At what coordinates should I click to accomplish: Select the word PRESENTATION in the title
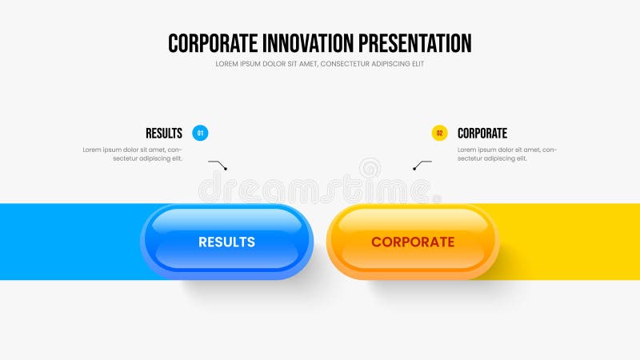coord(415,43)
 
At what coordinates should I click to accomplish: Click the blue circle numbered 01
coord(200,133)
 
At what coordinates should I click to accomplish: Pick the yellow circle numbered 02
coord(439,133)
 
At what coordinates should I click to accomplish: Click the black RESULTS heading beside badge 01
coord(164,134)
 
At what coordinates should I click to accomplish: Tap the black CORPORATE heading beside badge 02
coord(482,134)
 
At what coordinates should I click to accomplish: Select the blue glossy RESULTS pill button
coord(227,242)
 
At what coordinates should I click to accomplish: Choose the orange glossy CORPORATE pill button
coord(413,242)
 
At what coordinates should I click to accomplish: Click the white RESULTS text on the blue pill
coord(227,242)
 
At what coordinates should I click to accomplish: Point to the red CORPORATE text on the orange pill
coord(413,242)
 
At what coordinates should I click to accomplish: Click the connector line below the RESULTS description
coord(218,164)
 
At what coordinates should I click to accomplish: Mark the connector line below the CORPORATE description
coord(422,164)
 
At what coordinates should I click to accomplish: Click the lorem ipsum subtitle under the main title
coord(319,64)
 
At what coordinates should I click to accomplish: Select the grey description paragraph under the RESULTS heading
coord(133,154)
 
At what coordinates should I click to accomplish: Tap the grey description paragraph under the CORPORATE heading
coord(507,154)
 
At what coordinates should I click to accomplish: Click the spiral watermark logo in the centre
coord(370,169)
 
